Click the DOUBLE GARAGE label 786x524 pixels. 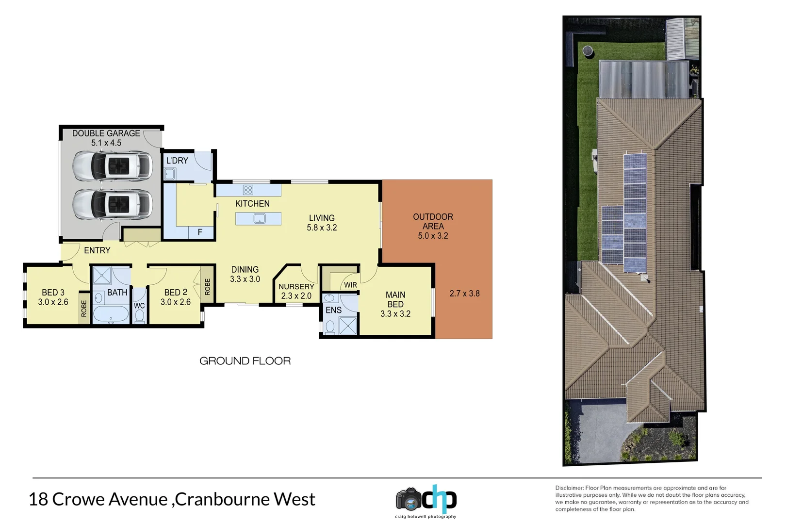coord(106,133)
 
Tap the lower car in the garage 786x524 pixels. coord(112,204)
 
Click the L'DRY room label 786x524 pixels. coord(177,161)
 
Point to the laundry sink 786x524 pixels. coord(170,174)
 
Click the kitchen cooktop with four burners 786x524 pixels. coord(248,190)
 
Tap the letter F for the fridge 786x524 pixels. coord(200,233)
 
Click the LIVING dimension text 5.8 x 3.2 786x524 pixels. coord(322,228)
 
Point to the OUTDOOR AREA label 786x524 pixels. coord(433,221)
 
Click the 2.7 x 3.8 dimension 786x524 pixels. coord(464,294)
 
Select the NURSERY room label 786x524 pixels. coord(296,287)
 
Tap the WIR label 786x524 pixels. coord(350,285)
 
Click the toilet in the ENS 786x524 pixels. coord(330,327)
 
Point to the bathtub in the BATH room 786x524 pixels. coord(111,314)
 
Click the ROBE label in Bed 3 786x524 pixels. coord(84,309)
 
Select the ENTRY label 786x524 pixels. coord(97,250)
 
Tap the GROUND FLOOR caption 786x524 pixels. coord(245,361)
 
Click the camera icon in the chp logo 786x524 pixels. coord(408,500)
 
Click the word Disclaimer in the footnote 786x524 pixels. coord(569,488)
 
